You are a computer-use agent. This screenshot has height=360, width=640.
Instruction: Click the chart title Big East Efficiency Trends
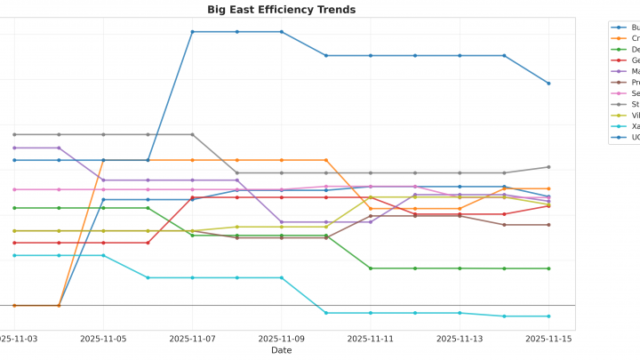281,10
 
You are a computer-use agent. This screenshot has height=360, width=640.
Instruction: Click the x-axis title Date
281,350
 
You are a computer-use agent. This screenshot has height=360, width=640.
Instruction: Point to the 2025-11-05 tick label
103,339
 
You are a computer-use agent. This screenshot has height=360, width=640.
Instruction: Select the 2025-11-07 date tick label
192,339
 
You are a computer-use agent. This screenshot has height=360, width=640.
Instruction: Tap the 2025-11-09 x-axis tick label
281,339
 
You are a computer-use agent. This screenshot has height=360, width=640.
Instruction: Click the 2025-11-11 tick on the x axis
370,339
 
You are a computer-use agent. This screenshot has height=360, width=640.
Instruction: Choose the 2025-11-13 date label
459,339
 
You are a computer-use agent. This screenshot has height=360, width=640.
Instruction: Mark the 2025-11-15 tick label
548,339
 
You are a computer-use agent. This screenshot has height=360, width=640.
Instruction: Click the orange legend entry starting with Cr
635,38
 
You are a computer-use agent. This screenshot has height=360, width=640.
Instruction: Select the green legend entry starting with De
635,50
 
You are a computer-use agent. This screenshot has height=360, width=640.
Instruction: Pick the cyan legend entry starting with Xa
635,126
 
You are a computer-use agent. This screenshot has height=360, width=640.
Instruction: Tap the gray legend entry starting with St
635,104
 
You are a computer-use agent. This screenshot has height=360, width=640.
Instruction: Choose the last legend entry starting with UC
635,137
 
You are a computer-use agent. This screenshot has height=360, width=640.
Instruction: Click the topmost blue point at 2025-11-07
192,32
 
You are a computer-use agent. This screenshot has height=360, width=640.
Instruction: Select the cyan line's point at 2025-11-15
548,316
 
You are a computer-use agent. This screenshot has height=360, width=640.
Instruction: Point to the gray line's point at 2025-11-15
548,167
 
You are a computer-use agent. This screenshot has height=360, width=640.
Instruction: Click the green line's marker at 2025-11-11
371,268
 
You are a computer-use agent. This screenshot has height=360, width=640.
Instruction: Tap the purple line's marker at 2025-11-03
14,148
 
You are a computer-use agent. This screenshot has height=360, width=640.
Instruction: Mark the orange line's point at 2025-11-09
282,160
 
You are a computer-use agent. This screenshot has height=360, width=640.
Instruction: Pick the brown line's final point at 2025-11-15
548,225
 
